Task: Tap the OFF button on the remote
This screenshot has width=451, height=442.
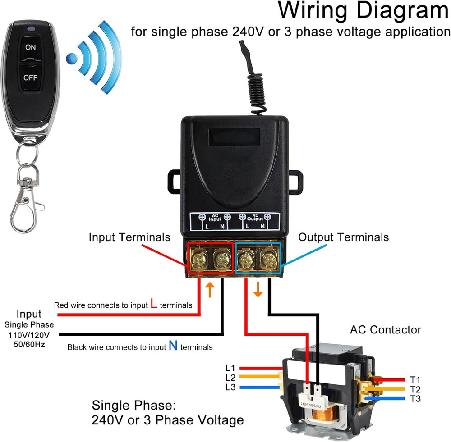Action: coord(30,77)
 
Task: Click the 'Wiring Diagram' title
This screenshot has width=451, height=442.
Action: coord(363,11)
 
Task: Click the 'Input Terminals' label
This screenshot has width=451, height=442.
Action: coord(129,237)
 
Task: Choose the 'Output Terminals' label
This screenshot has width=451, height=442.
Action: coord(343,237)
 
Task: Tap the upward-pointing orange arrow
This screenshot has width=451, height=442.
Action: coord(209,290)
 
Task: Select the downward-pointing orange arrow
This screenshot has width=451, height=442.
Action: coord(258,290)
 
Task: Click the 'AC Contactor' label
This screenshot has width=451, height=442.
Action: coord(385,329)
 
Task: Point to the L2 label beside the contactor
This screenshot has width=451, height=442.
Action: coord(230,378)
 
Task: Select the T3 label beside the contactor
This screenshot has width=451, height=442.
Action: coord(415,398)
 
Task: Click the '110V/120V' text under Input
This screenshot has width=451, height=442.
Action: coord(29,335)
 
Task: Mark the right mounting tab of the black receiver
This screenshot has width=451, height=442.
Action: coord(295,182)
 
